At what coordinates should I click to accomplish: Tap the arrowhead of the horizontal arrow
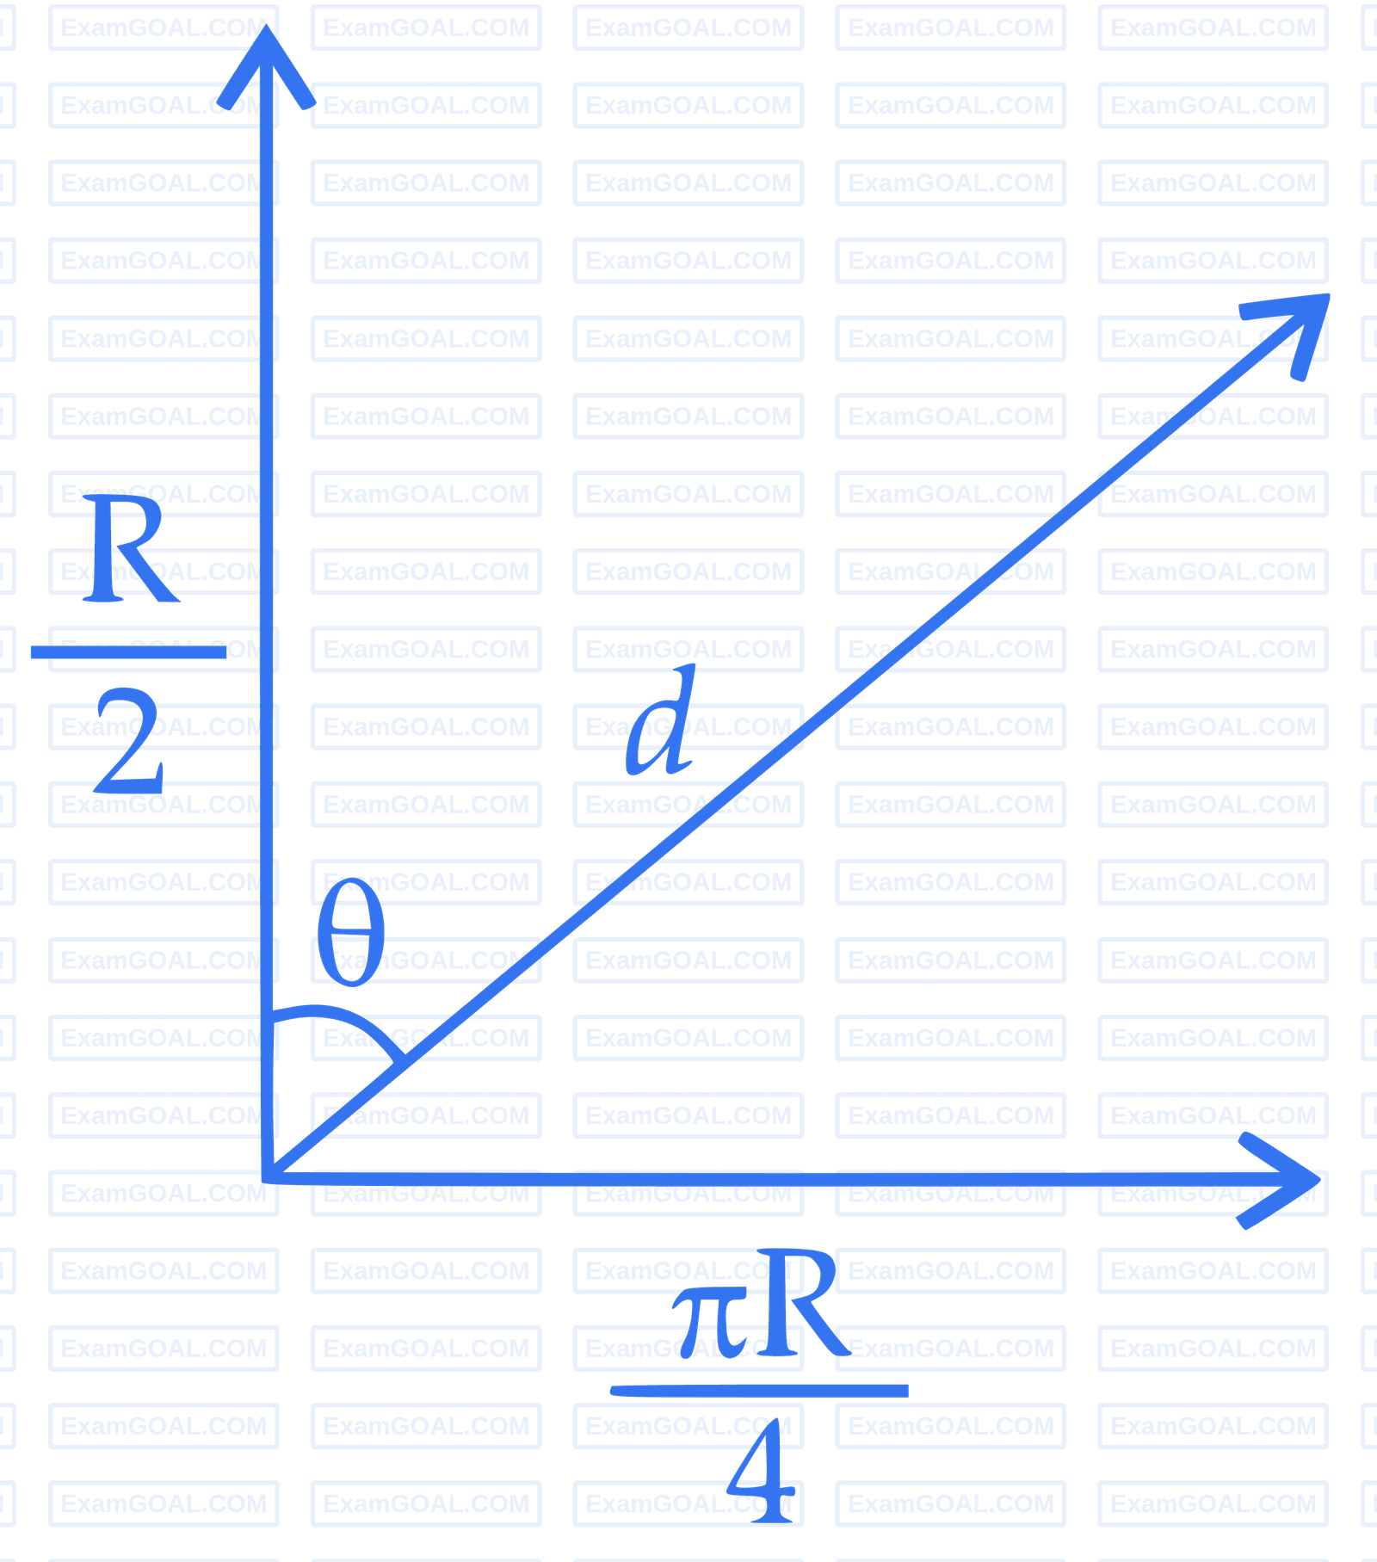pyautogui.click(x=1291, y=1179)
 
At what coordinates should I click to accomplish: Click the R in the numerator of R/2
pyautogui.click(x=129, y=551)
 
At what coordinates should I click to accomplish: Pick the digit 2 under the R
pyautogui.click(x=129, y=744)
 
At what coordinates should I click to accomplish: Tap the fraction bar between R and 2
pyautogui.click(x=129, y=651)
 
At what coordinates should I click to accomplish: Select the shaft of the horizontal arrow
pyautogui.click(x=775, y=1179)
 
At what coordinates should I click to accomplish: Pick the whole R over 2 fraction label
pyautogui.click(x=129, y=645)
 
